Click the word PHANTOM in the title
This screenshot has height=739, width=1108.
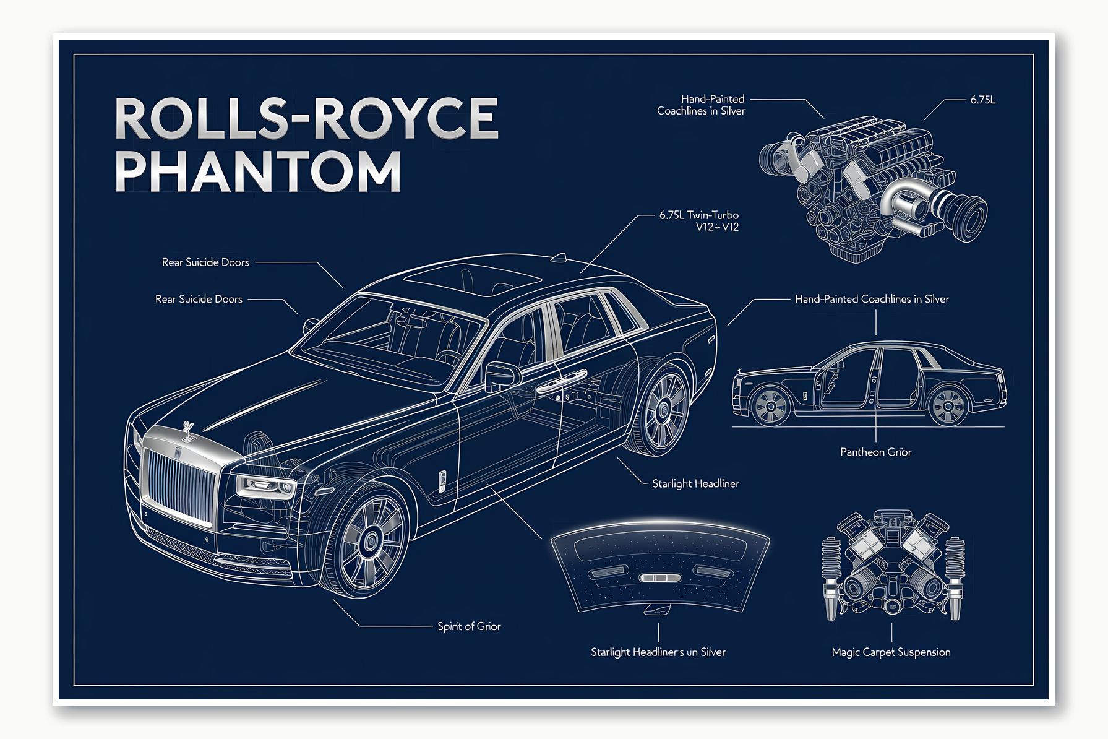[258, 171]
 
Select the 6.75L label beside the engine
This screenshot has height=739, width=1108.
[982, 100]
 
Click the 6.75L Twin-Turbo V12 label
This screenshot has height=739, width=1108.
[699, 221]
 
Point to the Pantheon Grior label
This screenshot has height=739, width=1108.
[875, 452]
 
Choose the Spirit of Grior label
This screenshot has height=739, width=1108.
[469, 626]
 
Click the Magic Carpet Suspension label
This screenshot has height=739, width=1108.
[891, 652]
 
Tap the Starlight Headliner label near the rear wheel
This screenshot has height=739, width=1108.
[695, 484]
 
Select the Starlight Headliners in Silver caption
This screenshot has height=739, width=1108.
[658, 652]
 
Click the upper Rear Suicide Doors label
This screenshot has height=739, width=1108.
[205, 262]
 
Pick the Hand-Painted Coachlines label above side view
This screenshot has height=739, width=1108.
[872, 299]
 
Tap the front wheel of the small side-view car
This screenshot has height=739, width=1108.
[771, 407]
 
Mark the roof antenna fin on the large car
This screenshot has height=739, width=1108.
[559, 257]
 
